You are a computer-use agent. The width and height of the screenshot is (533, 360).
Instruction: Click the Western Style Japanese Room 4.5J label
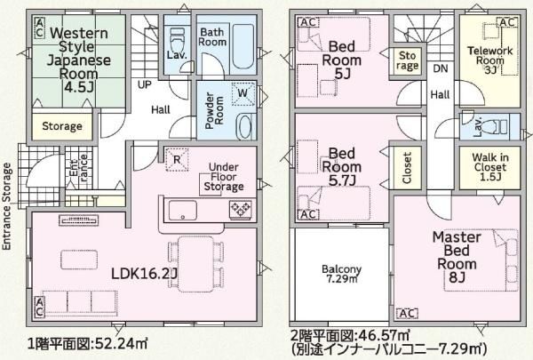point(79,60)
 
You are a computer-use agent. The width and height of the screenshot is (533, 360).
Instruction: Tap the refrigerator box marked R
point(177,159)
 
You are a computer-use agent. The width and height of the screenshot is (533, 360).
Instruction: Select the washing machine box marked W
point(243,93)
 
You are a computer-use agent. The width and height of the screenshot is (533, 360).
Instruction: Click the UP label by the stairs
point(145,84)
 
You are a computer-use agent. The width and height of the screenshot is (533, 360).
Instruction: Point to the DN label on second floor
point(441,68)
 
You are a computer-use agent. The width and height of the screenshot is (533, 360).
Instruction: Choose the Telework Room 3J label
point(489,60)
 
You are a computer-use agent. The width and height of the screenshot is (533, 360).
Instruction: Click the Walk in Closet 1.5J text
point(490,167)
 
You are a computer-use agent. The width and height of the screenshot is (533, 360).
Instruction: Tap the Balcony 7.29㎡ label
point(342,274)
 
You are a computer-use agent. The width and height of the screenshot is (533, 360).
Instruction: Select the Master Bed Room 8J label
point(457,257)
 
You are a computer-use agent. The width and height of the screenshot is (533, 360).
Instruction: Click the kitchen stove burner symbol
point(241,208)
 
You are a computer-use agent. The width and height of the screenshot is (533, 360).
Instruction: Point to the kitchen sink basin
point(183,211)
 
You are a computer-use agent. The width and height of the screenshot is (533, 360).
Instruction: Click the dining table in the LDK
point(195,264)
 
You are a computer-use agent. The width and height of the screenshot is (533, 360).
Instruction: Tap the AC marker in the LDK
point(39,307)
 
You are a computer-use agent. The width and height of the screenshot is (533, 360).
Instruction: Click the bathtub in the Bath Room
point(243,46)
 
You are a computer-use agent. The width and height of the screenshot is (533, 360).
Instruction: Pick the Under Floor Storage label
point(224,177)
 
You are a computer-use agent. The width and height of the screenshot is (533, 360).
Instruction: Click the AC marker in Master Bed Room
point(407,314)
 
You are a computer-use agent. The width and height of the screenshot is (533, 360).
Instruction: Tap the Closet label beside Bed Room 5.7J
point(407,168)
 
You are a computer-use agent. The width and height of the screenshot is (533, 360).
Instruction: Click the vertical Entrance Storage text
point(7,206)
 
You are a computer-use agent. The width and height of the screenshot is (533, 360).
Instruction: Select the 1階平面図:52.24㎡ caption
point(88,344)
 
